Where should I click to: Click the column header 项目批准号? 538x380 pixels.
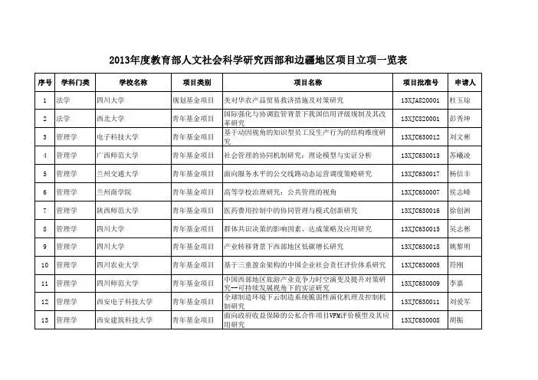pos(419,82)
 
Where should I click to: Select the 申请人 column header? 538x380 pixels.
pos(466,82)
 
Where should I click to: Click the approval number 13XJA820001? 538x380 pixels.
pos(419,100)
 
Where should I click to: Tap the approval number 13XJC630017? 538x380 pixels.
pos(419,174)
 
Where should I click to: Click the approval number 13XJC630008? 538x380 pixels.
pos(419,320)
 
